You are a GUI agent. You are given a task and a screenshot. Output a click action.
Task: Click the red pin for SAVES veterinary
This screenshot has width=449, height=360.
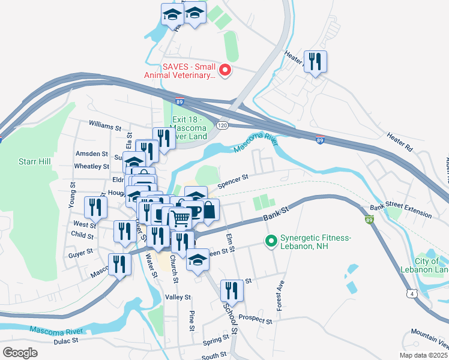tap(226, 71)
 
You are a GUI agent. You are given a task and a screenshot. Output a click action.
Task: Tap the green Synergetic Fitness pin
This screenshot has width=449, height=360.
tap(271, 242)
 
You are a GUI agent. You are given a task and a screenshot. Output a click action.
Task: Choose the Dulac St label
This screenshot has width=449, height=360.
tap(66, 341)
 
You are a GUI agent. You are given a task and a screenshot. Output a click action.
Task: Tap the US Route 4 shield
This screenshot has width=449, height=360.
tap(411, 292)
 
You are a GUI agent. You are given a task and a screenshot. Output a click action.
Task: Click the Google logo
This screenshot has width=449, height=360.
tap(20, 353)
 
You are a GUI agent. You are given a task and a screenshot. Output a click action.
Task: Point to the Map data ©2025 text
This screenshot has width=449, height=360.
tap(424, 355)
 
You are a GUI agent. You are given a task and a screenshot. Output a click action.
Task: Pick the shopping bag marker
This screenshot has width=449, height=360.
tap(208, 210)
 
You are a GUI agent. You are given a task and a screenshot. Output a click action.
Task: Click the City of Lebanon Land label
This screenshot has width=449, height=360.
tap(431, 265)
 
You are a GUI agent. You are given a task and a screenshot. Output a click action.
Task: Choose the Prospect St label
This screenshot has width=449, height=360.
tap(255, 319)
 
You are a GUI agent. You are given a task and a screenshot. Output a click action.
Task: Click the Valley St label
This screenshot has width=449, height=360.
tap(178, 297)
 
